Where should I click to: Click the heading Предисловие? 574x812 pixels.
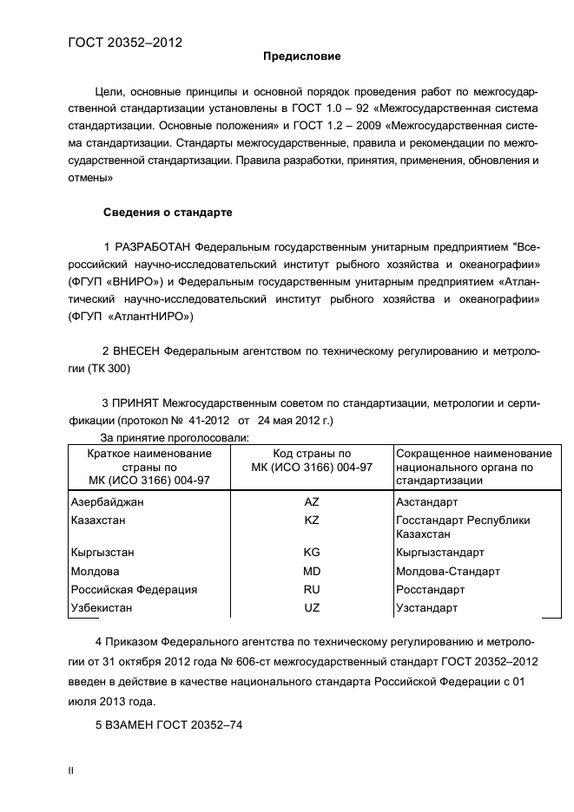(x=302, y=56)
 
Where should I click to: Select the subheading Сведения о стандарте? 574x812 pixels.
(x=168, y=212)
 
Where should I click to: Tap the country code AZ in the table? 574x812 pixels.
(x=312, y=502)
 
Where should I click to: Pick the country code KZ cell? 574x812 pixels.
(x=312, y=521)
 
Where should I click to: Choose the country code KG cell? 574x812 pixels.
(x=312, y=553)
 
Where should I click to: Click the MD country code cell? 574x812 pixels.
(x=312, y=572)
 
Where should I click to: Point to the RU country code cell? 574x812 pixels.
(x=312, y=590)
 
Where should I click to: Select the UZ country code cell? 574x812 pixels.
(x=312, y=608)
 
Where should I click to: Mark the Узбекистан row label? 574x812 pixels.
(x=102, y=608)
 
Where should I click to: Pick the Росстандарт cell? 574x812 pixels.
(x=431, y=590)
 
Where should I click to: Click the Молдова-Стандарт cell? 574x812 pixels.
(x=447, y=572)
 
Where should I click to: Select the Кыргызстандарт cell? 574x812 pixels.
(x=439, y=553)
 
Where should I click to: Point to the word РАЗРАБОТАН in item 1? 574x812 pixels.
(x=154, y=246)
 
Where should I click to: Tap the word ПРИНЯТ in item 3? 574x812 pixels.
(x=137, y=403)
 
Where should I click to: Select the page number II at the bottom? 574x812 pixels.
(x=71, y=770)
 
